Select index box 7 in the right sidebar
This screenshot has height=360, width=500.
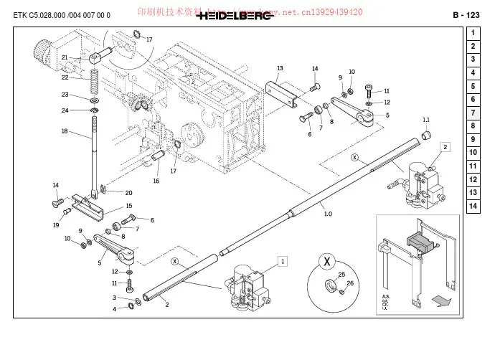[x=473, y=113]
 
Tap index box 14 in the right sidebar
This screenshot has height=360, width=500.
[x=473, y=207]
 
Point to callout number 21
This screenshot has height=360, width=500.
[x=65, y=57]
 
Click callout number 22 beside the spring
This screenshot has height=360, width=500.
[x=65, y=77]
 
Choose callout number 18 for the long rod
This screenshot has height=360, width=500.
[x=65, y=131]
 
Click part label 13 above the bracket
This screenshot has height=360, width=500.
[x=280, y=67]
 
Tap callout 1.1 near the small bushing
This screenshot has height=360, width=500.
[x=425, y=120]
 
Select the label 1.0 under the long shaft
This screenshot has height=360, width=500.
[x=328, y=214]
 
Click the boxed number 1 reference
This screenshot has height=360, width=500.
[x=283, y=262]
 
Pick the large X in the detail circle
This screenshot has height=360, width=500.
[x=327, y=262]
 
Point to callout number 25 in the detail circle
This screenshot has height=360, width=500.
[x=341, y=275]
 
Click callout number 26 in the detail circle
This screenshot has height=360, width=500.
[x=350, y=283]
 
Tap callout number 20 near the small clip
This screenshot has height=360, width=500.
[x=128, y=193]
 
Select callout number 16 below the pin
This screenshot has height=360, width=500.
[x=156, y=181]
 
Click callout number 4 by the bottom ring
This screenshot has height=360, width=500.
[x=113, y=309]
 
